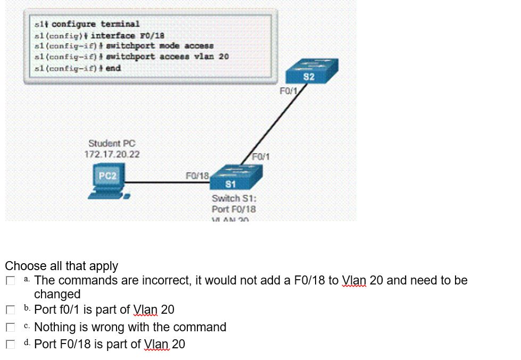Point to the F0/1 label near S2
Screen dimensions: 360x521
(288, 91)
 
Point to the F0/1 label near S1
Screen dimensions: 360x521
(261, 156)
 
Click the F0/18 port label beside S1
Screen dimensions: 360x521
(197, 175)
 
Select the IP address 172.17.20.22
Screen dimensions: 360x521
(112, 154)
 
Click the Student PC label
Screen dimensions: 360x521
(112, 143)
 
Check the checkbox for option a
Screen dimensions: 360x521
(10, 281)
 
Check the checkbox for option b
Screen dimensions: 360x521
(10, 309)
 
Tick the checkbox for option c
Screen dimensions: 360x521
(10, 327)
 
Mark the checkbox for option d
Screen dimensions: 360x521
(10, 345)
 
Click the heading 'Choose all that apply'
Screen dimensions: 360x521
(62, 265)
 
